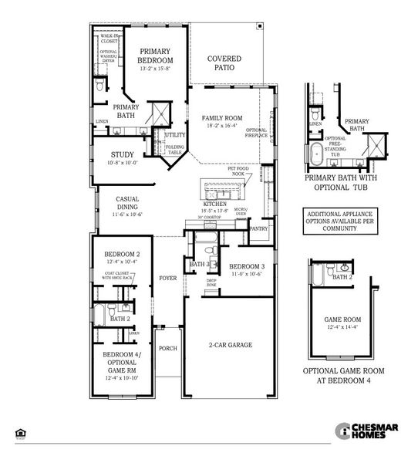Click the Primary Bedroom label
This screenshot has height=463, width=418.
point(156,56)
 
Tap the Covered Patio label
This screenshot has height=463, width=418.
point(224,63)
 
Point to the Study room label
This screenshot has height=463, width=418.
point(122,154)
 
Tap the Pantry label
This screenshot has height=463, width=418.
point(259,228)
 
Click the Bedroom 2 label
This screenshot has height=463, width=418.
point(122,255)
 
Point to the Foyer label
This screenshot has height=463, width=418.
point(168,278)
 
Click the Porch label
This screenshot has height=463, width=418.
point(168,348)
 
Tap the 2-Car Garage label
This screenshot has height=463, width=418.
point(231,345)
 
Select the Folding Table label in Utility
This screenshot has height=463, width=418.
point(175,150)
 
